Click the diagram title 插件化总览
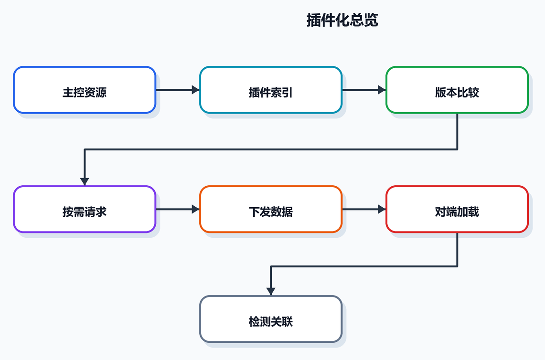[x=342, y=20]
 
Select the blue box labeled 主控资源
[x=85, y=90]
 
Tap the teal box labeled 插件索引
[x=271, y=90]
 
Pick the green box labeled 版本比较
[x=457, y=90]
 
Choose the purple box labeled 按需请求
[x=85, y=209]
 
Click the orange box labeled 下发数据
[x=271, y=209]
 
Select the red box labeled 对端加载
[x=457, y=209]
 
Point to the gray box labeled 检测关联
[x=271, y=319]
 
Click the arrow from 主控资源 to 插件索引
[x=178, y=90]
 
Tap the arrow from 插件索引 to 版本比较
[x=364, y=90]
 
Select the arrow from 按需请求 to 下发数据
[x=178, y=209]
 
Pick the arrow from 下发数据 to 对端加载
[x=364, y=209]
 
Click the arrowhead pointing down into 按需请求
[x=85, y=182]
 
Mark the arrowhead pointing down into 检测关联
[x=271, y=292]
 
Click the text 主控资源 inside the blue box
[x=85, y=93]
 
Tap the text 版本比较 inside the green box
[x=457, y=93]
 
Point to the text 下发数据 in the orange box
[x=271, y=212]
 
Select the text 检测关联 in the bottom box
[x=271, y=322]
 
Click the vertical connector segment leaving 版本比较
[x=457, y=131]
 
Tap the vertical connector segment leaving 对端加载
[x=457, y=250]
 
